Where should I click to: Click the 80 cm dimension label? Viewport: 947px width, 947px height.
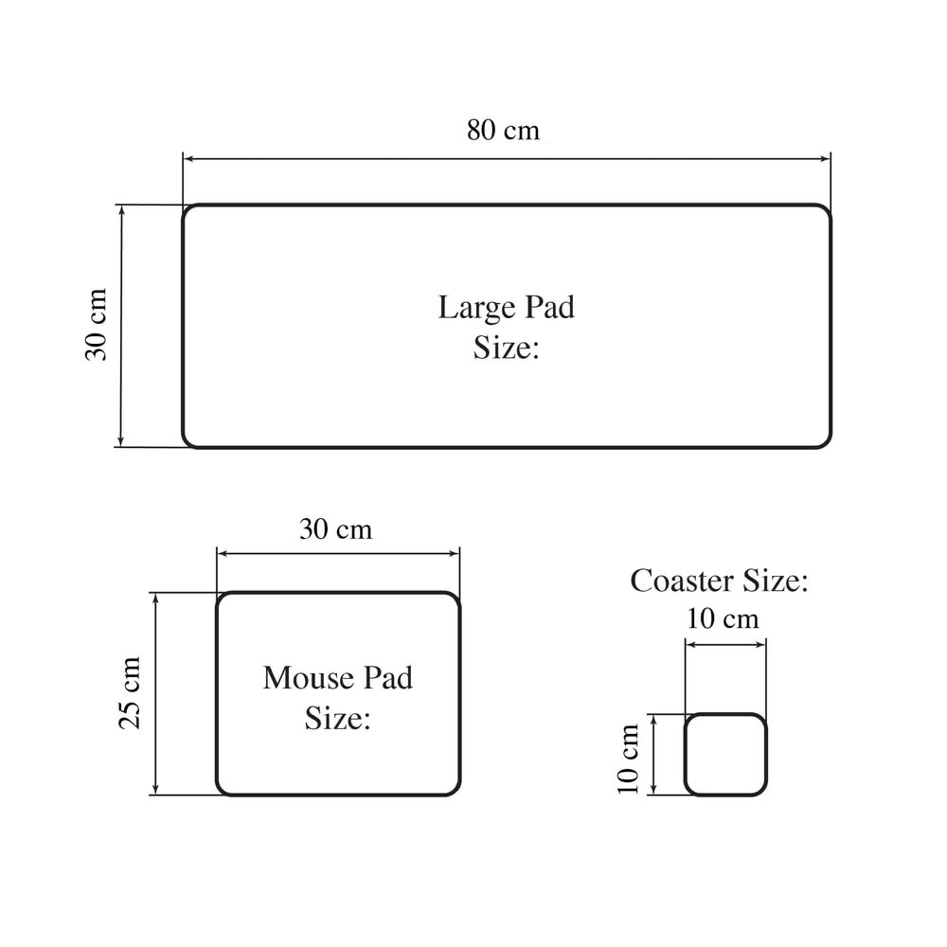[503, 130]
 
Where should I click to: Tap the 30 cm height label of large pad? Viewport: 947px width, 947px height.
[96, 325]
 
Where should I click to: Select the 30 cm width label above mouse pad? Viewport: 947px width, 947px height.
[336, 529]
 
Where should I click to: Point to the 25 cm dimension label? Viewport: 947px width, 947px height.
[129, 693]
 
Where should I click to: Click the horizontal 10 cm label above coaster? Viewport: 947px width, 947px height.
[723, 619]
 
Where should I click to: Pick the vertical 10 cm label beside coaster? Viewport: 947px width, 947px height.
[628, 759]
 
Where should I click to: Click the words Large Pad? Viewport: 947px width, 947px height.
[506, 308]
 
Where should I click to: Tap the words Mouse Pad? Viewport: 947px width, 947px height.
[338, 678]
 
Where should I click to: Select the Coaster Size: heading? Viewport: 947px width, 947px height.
[719, 581]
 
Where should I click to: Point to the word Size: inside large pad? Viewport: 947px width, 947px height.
[506, 348]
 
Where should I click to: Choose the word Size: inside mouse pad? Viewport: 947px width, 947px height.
[338, 718]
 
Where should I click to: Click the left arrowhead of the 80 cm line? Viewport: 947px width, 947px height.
[188, 159]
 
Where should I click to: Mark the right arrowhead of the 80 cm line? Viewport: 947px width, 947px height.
[826, 159]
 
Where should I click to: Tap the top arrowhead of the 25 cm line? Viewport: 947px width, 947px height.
[156, 598]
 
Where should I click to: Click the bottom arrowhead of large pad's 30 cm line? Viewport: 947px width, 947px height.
[121, 441]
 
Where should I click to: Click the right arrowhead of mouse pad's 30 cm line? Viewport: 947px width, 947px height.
[455, 553]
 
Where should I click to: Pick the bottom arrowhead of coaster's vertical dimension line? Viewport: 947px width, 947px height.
[653, 790]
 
